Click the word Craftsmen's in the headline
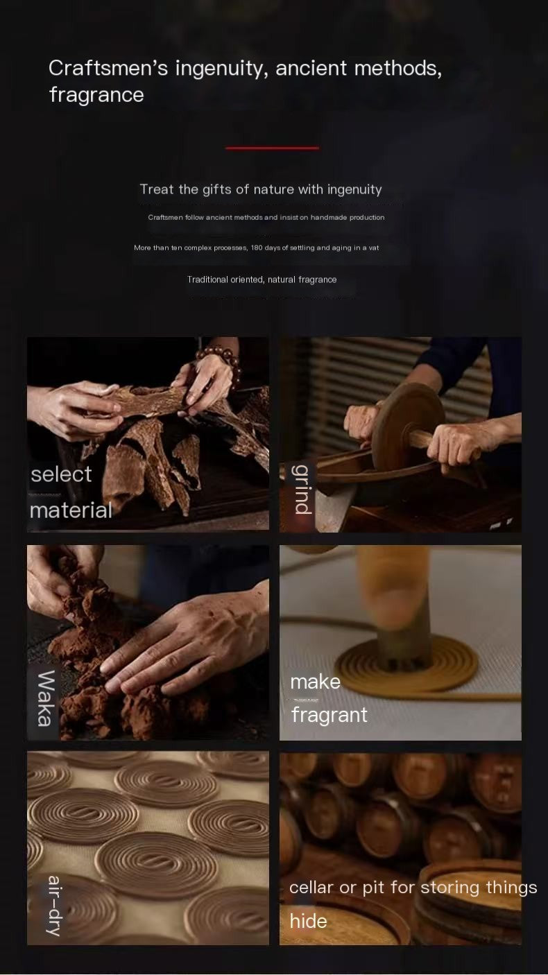click(108, 69)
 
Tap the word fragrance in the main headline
click(96, 95)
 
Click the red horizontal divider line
click(272, 148)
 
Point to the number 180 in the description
click(257, 248)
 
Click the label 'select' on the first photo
click(61, 474)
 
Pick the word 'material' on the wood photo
click(71, 510)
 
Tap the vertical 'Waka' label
click(45, 698)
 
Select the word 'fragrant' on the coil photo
click(329, 715)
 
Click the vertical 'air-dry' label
click(55, 906)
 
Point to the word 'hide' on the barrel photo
click(308, 921)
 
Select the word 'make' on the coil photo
click(315, 682)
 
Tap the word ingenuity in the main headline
click(221, 69)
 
